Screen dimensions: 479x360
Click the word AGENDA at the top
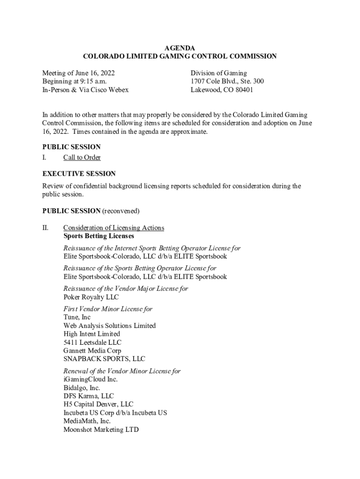point(180,48)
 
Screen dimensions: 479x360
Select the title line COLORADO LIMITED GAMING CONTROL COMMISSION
point(180,57)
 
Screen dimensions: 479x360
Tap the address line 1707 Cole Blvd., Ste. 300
point(227,81)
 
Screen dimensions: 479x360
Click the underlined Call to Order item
point(82,158)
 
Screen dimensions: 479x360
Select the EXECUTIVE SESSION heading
point(79,174)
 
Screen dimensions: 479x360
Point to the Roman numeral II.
point(45,228)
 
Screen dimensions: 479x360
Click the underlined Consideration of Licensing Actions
point(114,228)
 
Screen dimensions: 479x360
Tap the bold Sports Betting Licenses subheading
point(99,236)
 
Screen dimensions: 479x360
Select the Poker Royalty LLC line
point(91,297)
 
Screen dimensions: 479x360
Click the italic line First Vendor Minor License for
point(108,309)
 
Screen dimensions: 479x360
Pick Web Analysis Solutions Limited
point(109,326)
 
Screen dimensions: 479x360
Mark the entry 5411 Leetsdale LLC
point(92,342)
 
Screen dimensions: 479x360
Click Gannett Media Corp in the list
point(92,351)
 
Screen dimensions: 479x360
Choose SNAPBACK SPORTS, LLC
point(104,359)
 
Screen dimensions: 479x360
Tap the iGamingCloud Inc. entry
point(91,379)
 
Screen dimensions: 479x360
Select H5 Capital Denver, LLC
point(98,405)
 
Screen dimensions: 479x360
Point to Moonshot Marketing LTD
point(101,429)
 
